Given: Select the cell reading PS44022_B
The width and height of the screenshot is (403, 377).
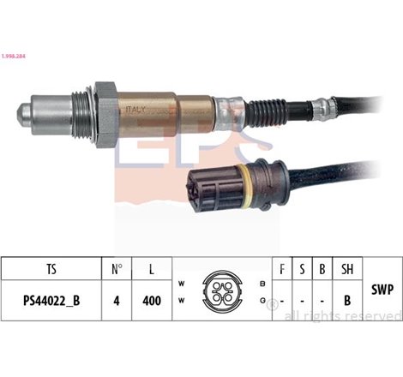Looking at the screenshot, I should tap(51, 302).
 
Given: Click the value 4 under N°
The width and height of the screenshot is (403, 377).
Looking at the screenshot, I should tap(117, 302).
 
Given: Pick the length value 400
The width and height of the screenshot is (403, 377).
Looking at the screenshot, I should tap(151, 302).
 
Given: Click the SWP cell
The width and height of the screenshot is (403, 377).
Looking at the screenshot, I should tap(383, 290).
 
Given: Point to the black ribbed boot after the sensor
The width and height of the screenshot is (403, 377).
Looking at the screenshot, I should tap(275, 110).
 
